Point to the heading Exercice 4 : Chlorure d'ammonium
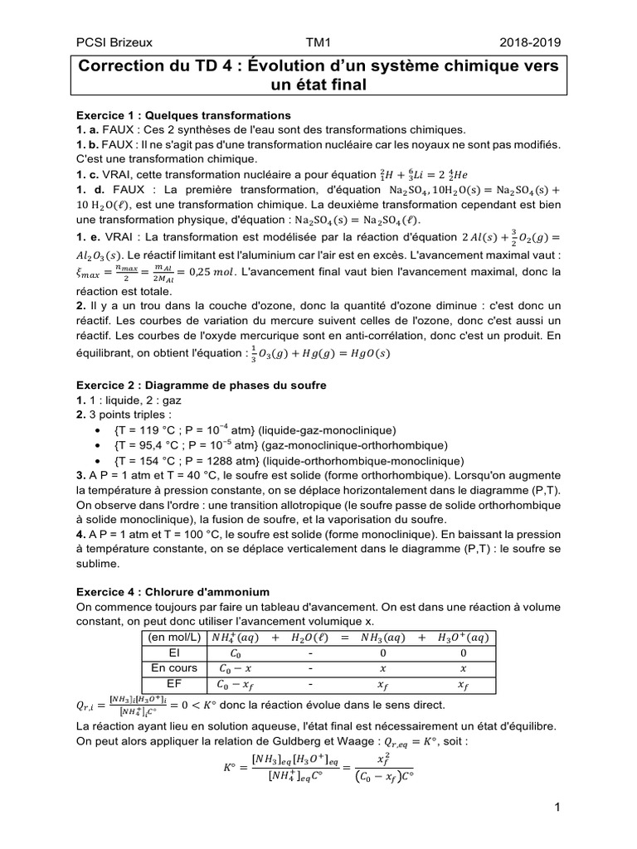[x=173, y=591]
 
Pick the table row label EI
[x=173, y=653]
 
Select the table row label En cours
[x=173, y=668]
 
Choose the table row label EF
[x=173, y=684]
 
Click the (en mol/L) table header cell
[x=173, y=638]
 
